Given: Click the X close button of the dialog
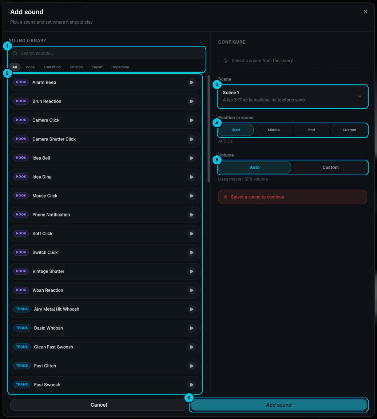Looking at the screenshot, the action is [x=365, y=12].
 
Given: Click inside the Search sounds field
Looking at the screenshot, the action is [x=107, y=53].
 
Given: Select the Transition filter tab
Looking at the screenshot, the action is [x=52, y=67].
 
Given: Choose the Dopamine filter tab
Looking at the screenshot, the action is [x=120, y=67].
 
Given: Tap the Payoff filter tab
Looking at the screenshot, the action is [x=97, y=67].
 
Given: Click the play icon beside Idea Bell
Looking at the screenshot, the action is [x=191, y=158].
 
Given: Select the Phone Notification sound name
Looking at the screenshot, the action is [x=51, y=215].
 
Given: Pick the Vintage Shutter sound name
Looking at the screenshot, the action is [x=48, y=271].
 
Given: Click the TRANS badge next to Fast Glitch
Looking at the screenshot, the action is [x=22, y=366].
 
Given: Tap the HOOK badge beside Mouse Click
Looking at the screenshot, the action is [x=21, y=196].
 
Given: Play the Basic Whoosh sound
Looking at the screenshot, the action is [x=191, y=328].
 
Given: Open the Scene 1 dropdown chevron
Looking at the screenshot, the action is [x=360, y=96].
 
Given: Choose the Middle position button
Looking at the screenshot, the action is [x=274, y=130].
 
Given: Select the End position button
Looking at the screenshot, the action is [x=311, y=130].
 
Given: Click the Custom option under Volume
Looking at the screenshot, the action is [x=330, y=168].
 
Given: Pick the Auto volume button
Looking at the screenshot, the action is [x=254, y=168].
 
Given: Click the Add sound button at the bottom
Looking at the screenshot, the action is [x=279, y=405].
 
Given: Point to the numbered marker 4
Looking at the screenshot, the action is [x=217, y=123].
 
